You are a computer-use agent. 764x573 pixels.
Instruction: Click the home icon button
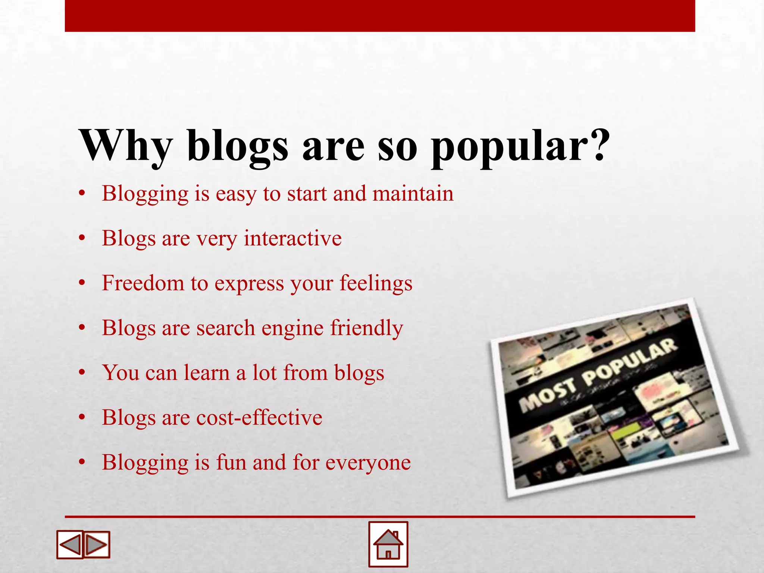click(388, 544)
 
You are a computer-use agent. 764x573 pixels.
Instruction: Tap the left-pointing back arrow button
click(70, 545)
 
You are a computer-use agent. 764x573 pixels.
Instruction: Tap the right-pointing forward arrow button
click(97, 545)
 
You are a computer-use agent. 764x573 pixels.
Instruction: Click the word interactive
click(292, 238)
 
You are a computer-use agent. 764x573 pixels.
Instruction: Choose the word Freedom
click(143, 283)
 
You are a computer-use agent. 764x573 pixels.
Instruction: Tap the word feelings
click(376, 284)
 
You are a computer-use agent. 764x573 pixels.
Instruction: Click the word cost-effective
click(259, 417)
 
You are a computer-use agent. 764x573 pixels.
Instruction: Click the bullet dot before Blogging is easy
click(82, 194)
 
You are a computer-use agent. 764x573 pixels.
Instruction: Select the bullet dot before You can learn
click(82, 373)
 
